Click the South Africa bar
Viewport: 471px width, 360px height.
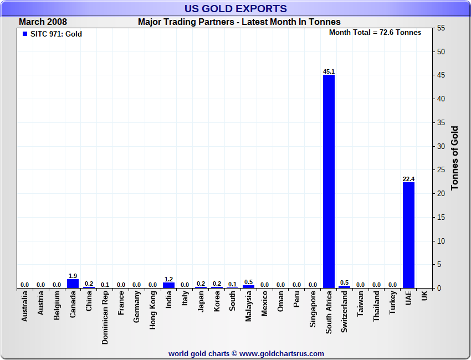329,181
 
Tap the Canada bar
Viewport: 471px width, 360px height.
73,284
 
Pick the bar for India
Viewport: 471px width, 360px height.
168,285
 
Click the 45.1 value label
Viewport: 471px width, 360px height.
329,71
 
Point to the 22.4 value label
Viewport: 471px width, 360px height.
408,179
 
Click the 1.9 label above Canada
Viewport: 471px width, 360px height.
73,276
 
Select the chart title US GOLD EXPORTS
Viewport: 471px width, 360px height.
235,8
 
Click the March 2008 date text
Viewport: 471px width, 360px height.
43,22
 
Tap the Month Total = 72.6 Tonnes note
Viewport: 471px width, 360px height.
375,33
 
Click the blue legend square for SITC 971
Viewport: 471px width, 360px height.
25,34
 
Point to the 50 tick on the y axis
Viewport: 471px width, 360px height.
441,52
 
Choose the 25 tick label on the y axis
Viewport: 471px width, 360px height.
441,170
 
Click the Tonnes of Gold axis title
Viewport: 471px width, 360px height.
455,158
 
